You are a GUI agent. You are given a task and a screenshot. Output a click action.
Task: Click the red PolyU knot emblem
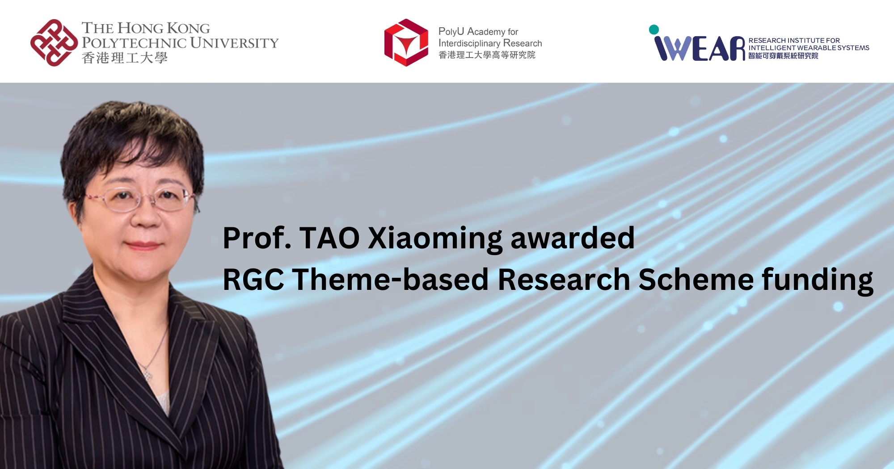point(54,42)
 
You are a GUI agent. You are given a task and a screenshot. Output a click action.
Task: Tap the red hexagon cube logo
point(406,42)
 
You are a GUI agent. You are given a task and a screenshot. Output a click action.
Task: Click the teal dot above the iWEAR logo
point(654,29)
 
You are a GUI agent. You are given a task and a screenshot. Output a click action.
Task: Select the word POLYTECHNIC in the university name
point(135,43)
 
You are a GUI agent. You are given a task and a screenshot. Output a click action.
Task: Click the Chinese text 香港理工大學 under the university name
point(125,58)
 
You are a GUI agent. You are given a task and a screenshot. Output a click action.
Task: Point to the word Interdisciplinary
point(469,43)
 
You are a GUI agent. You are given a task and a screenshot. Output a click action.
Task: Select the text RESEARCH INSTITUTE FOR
point(794,40)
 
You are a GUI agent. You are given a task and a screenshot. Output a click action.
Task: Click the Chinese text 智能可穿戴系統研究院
point(783,56)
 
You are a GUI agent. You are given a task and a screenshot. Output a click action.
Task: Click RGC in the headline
point(253,280)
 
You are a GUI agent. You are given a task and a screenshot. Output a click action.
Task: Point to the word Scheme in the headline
point(696,280)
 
